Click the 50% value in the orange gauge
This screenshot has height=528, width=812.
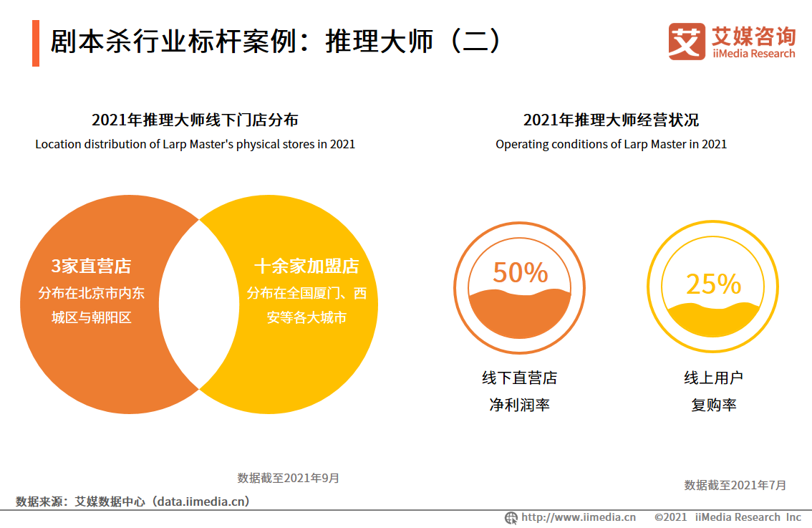coord(520,273)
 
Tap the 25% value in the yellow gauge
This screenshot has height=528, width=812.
coord(713,284)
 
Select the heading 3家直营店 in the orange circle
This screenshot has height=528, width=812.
coord(91,267)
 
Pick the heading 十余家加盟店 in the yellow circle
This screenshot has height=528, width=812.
coord(306,267)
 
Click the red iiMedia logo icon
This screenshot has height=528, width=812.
coord(687,42)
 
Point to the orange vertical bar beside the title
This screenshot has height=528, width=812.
coord(36,44)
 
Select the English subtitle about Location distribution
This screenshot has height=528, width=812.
coord(195,144)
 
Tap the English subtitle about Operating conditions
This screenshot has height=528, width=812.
coord(611,144)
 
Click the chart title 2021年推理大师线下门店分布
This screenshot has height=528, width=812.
coord(195,120)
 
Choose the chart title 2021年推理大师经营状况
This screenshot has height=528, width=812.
coord(611,120)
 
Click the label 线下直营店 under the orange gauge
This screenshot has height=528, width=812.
coord(520,378)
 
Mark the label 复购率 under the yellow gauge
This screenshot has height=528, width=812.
coord(713,405)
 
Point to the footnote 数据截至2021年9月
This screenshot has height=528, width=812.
coord(289,478)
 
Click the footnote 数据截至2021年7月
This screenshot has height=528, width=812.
coord(735,485)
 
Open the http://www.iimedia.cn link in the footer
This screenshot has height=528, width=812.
coord(578,517)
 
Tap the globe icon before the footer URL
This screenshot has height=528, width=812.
coord(511,517)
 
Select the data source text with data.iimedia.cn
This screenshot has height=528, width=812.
coord(133,501)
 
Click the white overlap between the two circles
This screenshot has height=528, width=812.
coord(198,304)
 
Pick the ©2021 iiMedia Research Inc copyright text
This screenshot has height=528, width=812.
coord(728,517)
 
